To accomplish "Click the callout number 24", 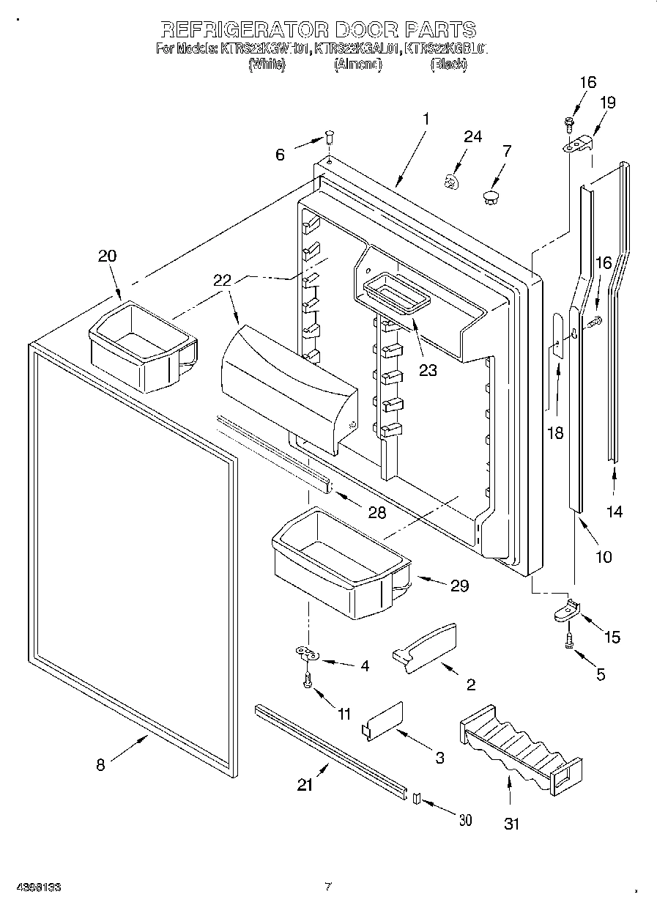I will (473, 137).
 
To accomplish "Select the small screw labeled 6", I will (330, 136).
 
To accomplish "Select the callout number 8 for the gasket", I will (100, 765).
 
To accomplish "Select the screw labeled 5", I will (569, 641).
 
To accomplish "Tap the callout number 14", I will (615, 512).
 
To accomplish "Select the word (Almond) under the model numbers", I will (359, 64).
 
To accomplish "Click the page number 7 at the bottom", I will (329, 887).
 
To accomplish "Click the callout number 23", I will (428, 370).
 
